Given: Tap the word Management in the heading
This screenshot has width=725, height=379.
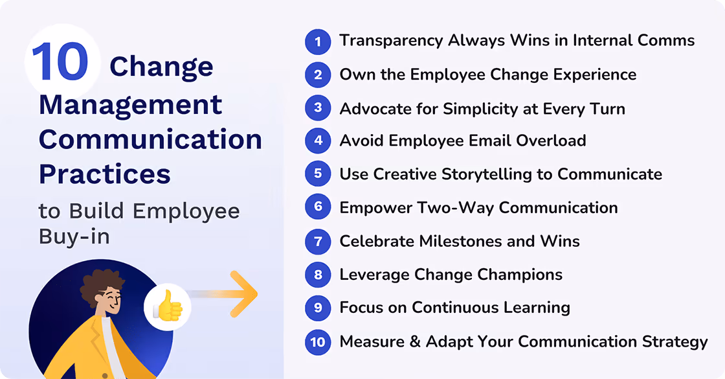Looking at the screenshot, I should [x=130, y=104].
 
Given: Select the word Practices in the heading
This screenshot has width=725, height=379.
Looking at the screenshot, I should [x=105, y=173].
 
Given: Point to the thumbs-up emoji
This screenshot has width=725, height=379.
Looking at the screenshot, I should [x=168, y=306].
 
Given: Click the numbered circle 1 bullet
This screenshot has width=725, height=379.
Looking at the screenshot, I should [x=317, y=41].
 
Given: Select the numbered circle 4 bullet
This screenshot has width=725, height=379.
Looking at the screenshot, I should [x=317, y=141].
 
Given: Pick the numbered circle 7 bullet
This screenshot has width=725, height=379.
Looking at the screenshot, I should [x=317, y=242].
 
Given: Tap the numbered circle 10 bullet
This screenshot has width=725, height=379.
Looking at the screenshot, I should [x=317, y=341].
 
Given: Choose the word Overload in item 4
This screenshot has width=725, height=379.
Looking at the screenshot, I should [x=553, y=141].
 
